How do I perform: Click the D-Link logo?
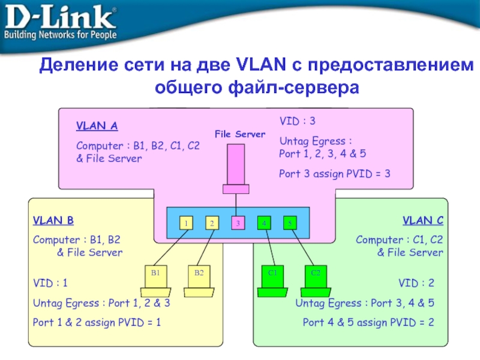(x=61, y=24)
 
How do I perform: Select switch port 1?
(x=186, y=223)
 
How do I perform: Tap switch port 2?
(x=212, y=223)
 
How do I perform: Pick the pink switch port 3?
(x=238, y=223)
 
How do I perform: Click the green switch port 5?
(x=290, y=223)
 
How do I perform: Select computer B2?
(x=199, y=280)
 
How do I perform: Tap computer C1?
(x=273, y=280)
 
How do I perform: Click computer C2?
(x=315, y=280)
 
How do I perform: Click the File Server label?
(x=239, y=134)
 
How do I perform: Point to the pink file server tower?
(x=236, y=165)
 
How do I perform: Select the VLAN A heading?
(x=97, y=127)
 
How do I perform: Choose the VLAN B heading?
(x=53, y=221)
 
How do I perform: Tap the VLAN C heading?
(x=422, y=221)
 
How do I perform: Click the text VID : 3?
(x=297, y=122)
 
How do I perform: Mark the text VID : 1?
(x=50, y=282)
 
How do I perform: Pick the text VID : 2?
(x=416, y=282)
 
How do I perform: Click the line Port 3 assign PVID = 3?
(x=335, y=174)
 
